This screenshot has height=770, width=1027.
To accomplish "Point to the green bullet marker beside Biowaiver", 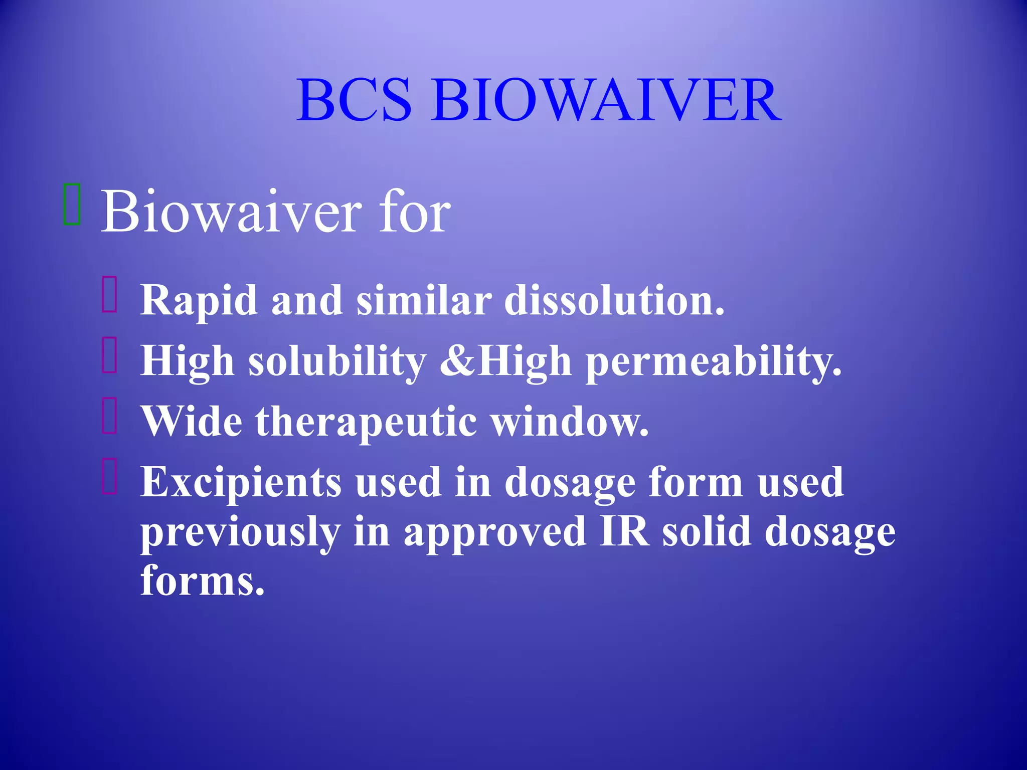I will (72, 204).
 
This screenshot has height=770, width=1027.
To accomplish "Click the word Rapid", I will (199, 301).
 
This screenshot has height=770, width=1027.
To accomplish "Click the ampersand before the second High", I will (457, 361).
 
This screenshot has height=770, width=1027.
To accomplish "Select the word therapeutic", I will (366, 423).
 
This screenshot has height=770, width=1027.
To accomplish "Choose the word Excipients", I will (241, 483).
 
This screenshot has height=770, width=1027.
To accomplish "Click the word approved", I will (494, 533).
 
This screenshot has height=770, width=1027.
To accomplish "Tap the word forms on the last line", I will (202, 581).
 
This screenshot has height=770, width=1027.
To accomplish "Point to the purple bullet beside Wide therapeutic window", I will (109, 416).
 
